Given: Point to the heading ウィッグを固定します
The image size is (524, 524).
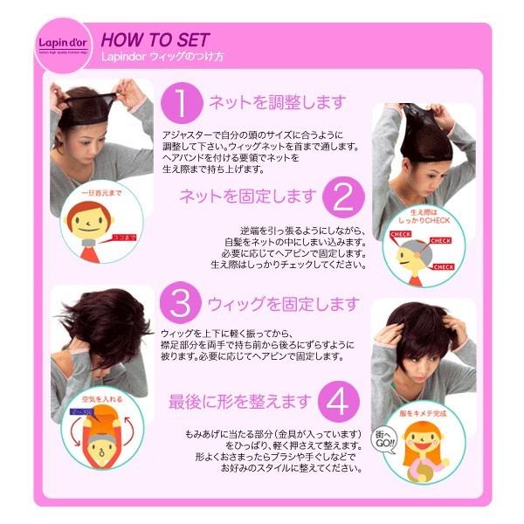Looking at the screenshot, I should click(283, 304).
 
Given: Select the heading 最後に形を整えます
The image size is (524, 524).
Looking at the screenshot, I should click(240, 401).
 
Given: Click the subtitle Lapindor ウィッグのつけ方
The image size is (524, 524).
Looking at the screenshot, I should click(162, 57).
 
